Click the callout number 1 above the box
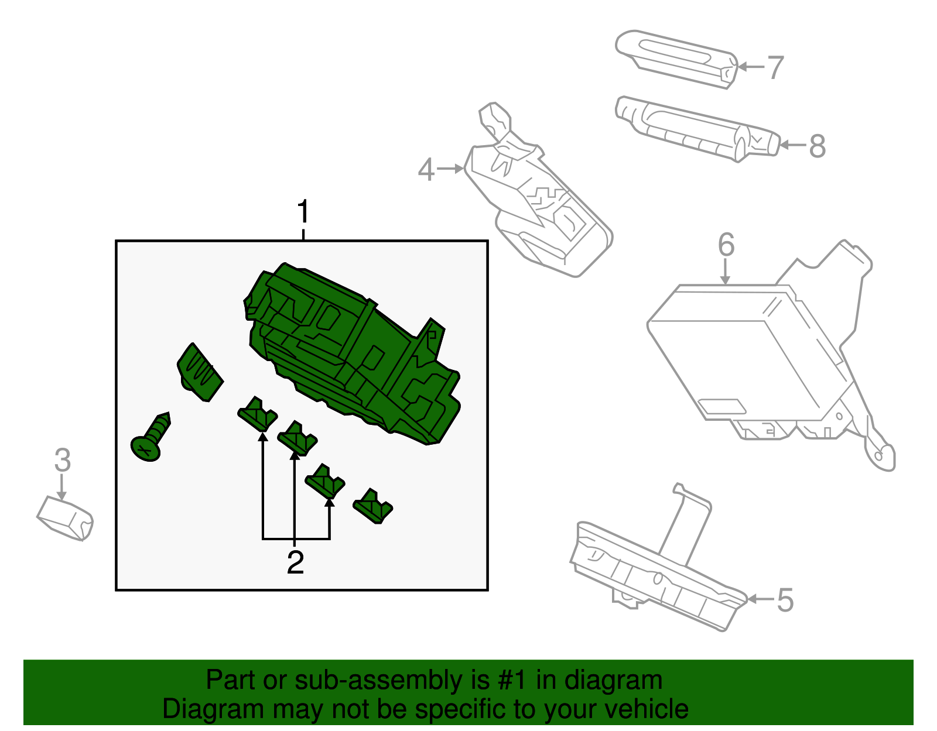coord(303,212)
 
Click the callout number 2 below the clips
coord(295,562)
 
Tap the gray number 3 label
coord(63,460)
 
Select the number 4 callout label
coord(426,170)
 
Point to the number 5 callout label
coord(785,600)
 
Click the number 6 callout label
coord(726,245)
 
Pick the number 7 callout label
coord(775,68)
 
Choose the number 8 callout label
coord(817,146)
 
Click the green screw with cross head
coord(151,438)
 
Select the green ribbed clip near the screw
coord(200,373)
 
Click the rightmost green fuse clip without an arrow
coord(373,505)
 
